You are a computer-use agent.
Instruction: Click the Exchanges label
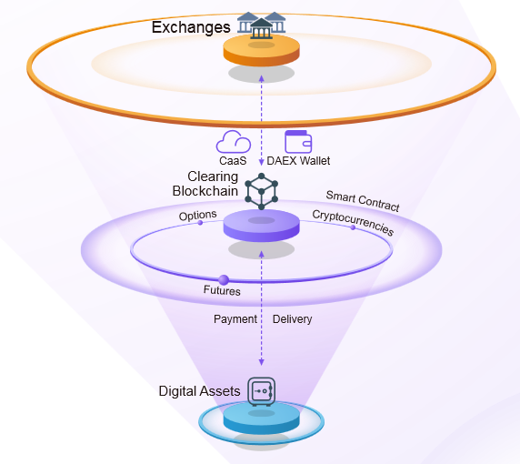[x=191, y=27]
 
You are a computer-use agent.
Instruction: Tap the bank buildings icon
[x=261, y=25]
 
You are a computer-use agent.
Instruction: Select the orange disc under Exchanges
[x=261, y=50]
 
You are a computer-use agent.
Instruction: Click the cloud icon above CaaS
[x=234, y=142]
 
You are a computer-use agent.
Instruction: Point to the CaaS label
[x=233, y=161]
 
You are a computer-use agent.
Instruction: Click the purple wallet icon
[x=298, y=142]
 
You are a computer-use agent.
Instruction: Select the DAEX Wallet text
[x=298, y=161]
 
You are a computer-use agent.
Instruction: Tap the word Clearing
[x=213, y=177]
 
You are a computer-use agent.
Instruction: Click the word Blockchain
[x=205, y=191]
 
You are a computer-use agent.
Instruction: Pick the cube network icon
[x=261, y=191]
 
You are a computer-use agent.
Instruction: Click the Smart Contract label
[x=363, y=201]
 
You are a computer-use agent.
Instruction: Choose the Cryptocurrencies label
[x=353, y=223]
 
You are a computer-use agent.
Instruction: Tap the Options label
[x=197, y=216]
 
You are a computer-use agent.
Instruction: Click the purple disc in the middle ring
[x=261, y=225]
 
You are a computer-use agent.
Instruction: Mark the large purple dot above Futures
[x=224, y=280]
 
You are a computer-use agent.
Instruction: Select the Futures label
[x=222, y=290]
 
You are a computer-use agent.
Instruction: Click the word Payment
[x=235, y=319]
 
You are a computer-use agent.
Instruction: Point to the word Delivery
[x=292, y=319]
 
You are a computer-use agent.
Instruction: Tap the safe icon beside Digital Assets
[x=262, y=391]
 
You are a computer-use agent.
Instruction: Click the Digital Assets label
[x=199, y=391]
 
